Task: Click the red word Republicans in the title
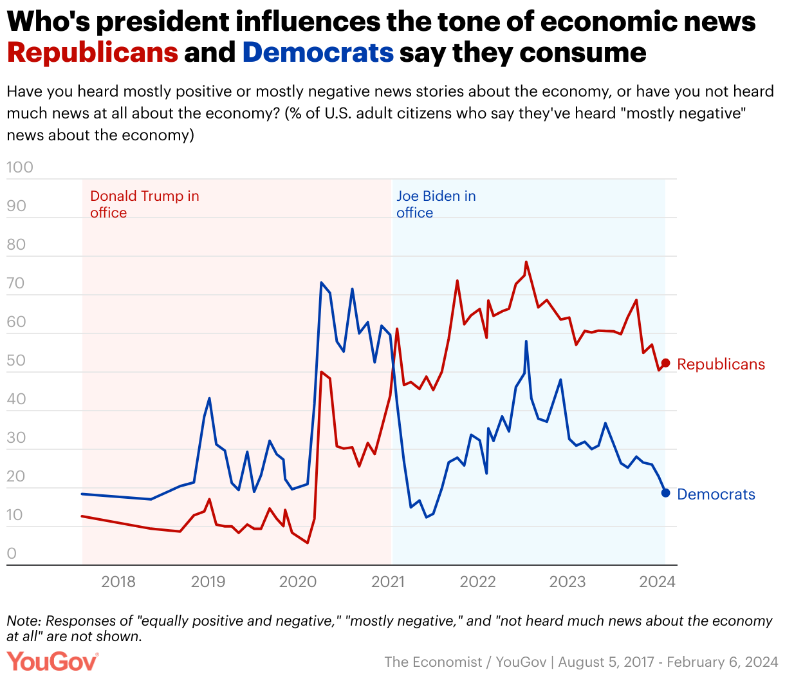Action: pos(93,52)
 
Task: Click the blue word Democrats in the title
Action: pos(318,52)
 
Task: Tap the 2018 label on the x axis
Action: pos(118,583)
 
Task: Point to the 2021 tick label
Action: pos(388,583)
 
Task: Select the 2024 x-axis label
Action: pos(658,583)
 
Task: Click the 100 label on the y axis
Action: pos(19,167)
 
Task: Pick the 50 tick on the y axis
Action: pos(16,360)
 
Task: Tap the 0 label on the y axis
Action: pos(12,554)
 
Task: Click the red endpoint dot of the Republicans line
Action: pos(666,364)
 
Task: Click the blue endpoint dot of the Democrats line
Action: pos(666,493)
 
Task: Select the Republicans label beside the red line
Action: pos(721,364)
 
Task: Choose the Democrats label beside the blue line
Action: pos(716,494)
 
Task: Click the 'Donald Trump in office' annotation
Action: pos(144,204)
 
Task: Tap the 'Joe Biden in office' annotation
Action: pos(436,204)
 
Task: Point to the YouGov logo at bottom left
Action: pos(53,662)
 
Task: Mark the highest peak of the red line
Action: pos(526,262)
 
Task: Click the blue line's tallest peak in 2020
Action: pos(321,283)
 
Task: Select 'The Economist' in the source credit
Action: pos(433,662)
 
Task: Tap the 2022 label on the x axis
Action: pos(477,583)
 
